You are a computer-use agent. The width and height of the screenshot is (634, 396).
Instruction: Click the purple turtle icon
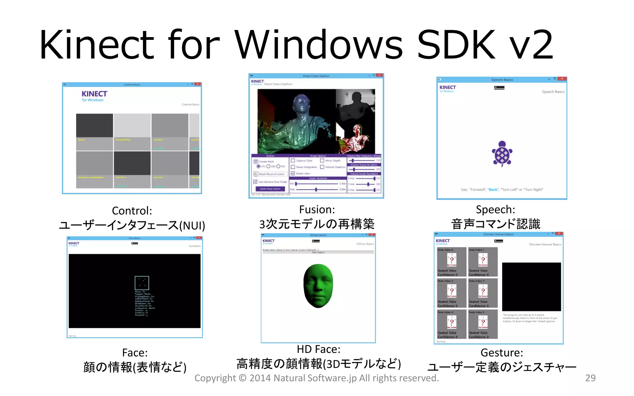pos(502,154)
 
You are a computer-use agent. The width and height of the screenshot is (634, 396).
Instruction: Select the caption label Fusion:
pos(317,209)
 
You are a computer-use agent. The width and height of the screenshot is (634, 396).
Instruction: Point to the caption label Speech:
pos(495,209)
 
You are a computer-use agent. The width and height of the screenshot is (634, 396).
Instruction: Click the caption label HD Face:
pos(319,349)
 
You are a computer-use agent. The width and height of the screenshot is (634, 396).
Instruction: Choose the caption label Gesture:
pos(502,352)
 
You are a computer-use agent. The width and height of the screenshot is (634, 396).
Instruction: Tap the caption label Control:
pos(132,211)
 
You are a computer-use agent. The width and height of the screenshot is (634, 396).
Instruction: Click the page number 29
pos(590,378)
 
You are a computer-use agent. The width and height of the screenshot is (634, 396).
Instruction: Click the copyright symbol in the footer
pos(242,378)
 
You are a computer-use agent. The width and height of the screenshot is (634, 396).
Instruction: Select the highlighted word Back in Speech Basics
pos(493,190)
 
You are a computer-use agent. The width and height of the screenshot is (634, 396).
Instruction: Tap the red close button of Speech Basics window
pos(562,79)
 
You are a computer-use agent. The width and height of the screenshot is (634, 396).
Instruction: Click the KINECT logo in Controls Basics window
pos(94,94)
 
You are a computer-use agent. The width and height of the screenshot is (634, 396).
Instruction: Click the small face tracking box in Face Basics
pos(142,283)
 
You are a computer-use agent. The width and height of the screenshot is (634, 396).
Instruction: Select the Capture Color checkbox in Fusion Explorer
pos(293,161)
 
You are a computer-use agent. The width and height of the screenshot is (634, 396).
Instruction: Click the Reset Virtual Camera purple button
pos(270,189)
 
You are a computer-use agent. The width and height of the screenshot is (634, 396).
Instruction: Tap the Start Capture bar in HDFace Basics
pos(318,252)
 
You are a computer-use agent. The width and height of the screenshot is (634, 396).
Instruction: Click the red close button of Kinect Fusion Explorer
pos(380,75)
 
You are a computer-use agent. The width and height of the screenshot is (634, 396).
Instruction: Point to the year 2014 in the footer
pos(260,378)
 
